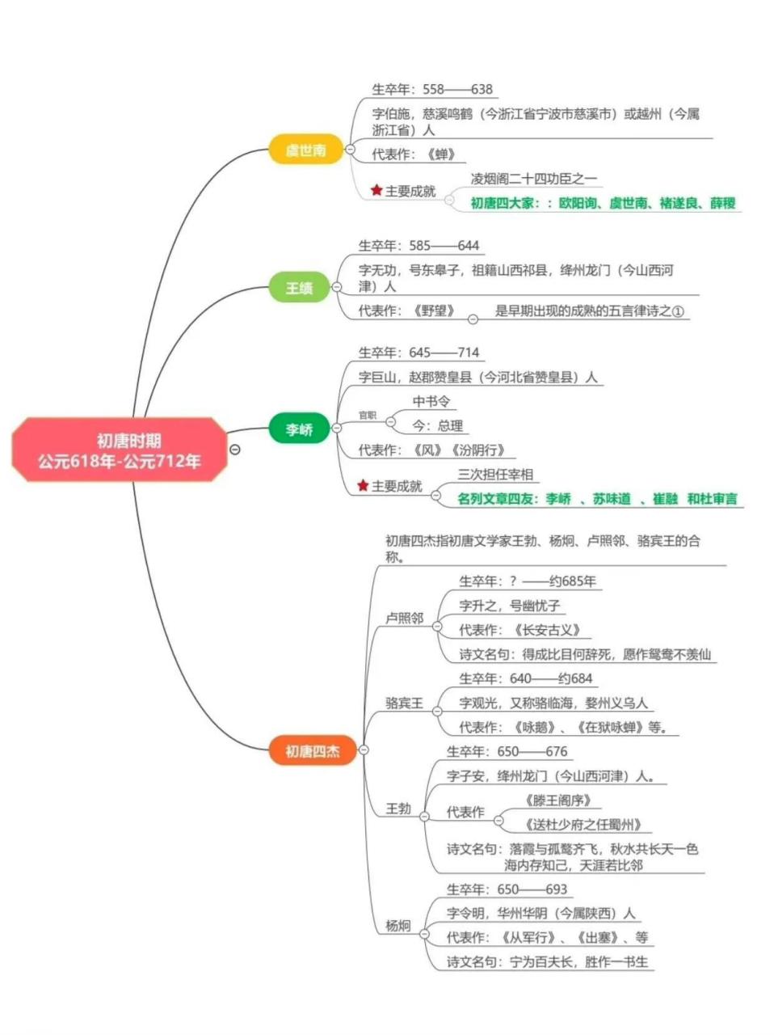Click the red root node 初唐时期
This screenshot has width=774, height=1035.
click(x=119, y=450)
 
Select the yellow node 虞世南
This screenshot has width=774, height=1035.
click(x=305, y=150)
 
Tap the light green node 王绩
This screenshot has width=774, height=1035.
click(x=299, y=288)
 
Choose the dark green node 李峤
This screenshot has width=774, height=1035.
click(x=299, y=429)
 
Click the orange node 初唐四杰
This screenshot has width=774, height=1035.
click(x=312, y=751)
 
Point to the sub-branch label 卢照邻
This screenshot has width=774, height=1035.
click(x=404, y=618)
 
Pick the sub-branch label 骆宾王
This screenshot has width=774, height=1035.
click(x=404, y=703)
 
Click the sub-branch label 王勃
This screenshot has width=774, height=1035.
click(x=398, y=809)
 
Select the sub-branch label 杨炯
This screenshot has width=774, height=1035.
click(x=398, y=926)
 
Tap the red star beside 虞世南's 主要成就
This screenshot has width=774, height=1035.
click(x=376, y=191)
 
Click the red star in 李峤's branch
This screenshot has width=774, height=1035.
click(x=363, y=486)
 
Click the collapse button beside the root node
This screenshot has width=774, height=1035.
click(x=235, y=450)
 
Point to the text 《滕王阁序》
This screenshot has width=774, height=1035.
click(x=558, y=801)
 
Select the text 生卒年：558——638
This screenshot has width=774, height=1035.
click(x=431, y=90)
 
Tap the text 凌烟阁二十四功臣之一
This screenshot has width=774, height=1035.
click(x=534, y=179)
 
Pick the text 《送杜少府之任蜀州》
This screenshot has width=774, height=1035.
click(x=583, y=825)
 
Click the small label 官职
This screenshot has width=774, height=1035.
click(x=368, y=416)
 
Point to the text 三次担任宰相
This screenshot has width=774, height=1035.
click(x=494, y=475)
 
